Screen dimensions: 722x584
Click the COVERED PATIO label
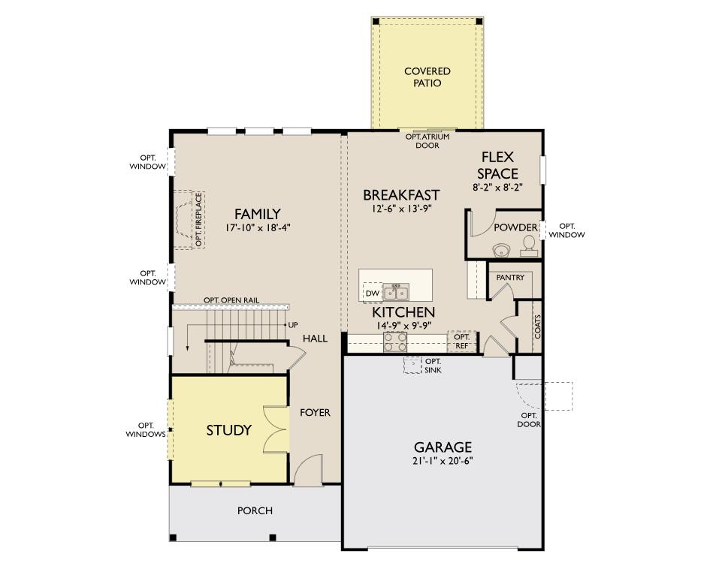coord(427,77)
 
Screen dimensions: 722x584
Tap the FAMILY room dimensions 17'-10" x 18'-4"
coord(258,227)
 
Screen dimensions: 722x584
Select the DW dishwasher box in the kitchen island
coord(373,294)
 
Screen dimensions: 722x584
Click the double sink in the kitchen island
coord(396,292)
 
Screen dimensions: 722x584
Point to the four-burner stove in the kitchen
coord(395,342)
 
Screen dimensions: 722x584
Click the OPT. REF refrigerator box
coord(461,342)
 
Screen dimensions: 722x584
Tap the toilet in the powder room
coord(529,245)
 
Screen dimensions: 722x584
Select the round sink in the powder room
coord(501,250)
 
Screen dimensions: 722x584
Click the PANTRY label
coord(510,278)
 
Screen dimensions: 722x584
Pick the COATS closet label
coord(537,327)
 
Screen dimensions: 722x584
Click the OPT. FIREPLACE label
coord(198,220)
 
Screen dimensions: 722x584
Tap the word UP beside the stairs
coord(293,325)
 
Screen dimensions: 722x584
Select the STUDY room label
coord(229,430)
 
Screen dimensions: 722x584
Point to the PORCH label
coord(255,511)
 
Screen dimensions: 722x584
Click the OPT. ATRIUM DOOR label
coord(427,141)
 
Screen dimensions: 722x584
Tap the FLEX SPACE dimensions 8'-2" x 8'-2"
coord(498,188)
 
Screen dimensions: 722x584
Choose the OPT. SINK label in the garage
coord(433,366)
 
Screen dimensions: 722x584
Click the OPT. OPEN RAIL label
coord(231,300)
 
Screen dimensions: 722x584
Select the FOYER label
coord(315,412)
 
